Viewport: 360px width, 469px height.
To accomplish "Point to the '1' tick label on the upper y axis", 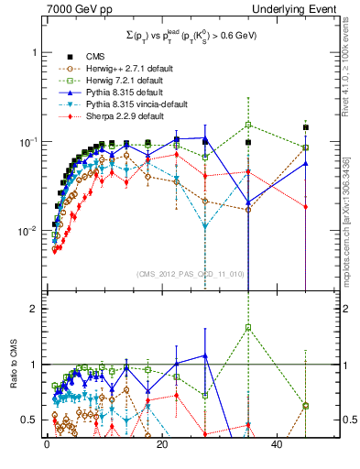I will [34, 52].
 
